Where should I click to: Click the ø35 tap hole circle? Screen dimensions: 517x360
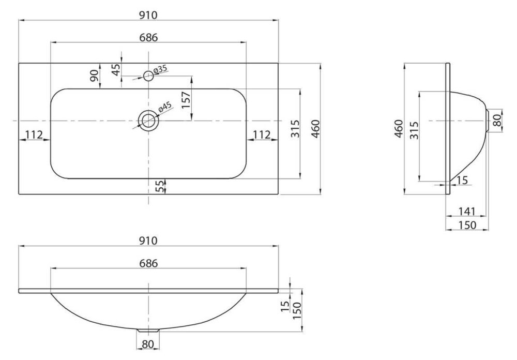click(148, 76)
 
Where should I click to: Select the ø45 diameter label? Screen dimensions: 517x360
click(165, 107)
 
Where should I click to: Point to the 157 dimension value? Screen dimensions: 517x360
click(186, 101)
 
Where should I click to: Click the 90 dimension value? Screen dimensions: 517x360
click(95, 76)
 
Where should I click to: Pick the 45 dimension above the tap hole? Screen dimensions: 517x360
click(116, 70)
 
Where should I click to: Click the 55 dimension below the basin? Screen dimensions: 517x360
click(160, 186)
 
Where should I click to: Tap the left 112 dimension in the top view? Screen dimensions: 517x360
click(34, 134)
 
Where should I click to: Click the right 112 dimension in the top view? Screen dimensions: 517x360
click(262, 134)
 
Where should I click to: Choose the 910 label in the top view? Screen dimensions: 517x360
click(148, 15)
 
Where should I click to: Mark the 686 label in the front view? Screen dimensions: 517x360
click(148, 263)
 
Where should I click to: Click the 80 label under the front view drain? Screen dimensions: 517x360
click(148, 344)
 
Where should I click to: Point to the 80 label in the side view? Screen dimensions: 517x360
click(497, 120)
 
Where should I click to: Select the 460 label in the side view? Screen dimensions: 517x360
click(399, 129)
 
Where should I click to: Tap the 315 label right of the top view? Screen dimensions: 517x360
click(295, 129)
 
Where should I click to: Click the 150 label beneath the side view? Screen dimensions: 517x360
click(467, 225)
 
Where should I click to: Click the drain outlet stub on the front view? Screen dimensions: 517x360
click(148, 330)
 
